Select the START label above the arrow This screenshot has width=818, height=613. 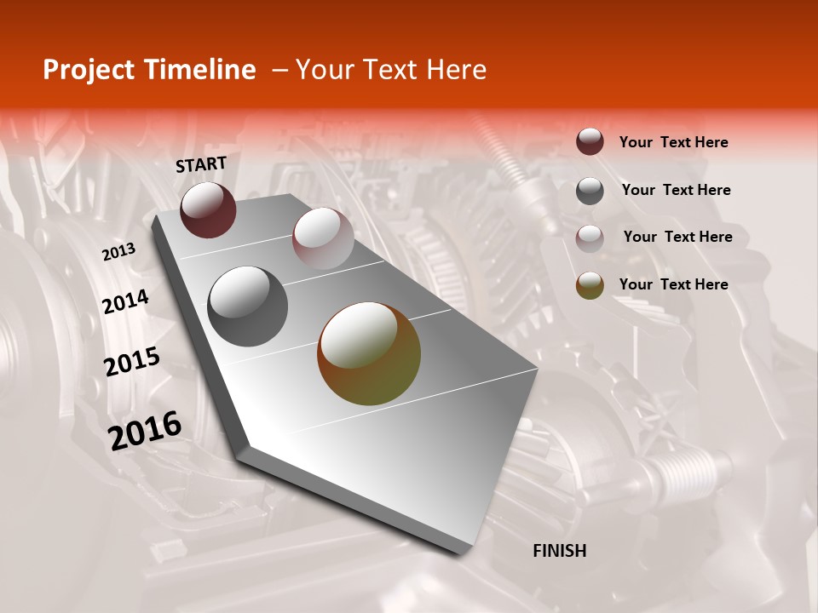click(201, 164)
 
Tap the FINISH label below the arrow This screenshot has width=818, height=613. click(560, 551)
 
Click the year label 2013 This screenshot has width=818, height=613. click(118, 251)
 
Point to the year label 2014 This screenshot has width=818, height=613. click(125, 301)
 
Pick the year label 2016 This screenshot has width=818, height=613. click(145, 431)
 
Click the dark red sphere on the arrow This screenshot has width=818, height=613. click(208, 209)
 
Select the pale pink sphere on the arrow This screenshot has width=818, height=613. click(323, 238)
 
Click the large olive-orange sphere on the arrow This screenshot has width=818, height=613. click(369, 353)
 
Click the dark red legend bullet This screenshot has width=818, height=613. click(590, 142)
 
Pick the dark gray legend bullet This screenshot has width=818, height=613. click(590, 190)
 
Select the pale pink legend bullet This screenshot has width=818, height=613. click(590, 238)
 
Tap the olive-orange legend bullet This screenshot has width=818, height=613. click(590, 285)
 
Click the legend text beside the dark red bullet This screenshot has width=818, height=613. click(674, 142)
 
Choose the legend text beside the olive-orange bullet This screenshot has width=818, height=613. click(674, 284)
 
